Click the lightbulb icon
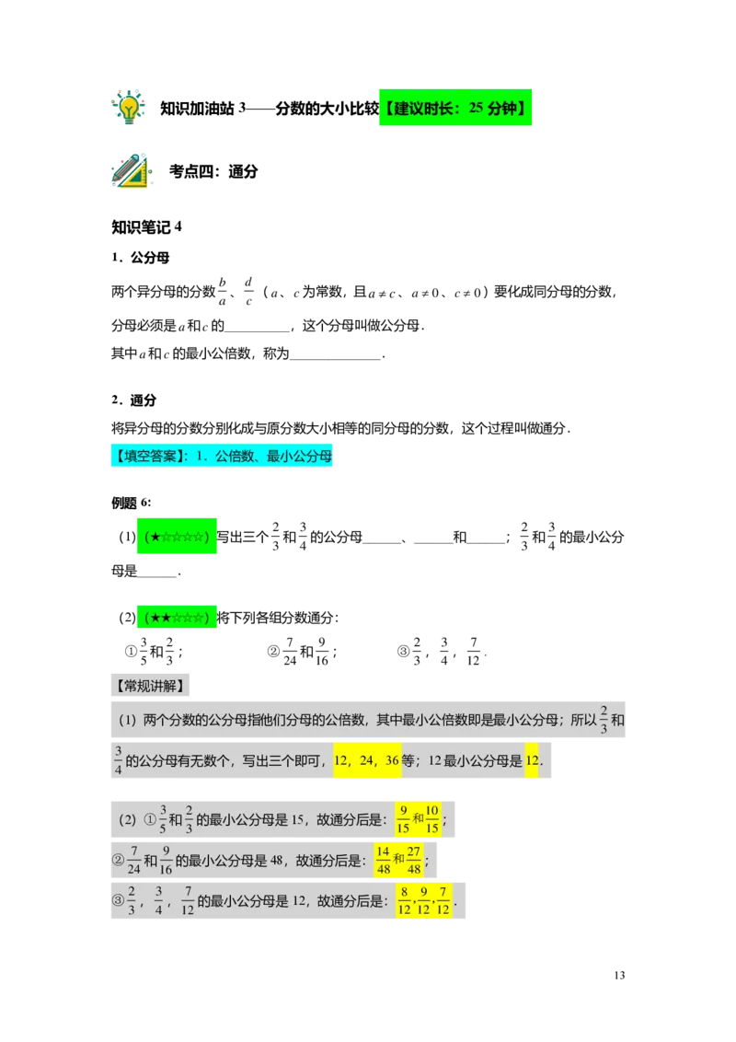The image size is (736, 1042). click(x=128, y=107)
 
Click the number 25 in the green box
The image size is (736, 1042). click(x=476, y=109)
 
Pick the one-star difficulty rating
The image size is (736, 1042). click(x=177, y=537)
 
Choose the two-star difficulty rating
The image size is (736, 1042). click(x=177, y=619)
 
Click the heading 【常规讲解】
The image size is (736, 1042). click(x=150, y=686)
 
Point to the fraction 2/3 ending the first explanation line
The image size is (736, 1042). click(x=604, y=720)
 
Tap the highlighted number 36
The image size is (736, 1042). click(x=391, y=761)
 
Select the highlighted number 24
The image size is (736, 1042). click(x=367, y=761)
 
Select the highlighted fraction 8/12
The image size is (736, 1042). click(x=404, y=902)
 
